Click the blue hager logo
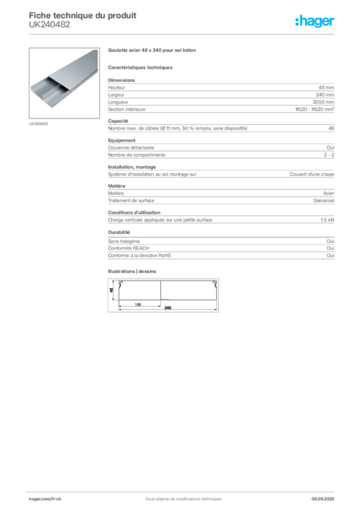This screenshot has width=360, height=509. tap(315, 21)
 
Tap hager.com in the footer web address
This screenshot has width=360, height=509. tap(39, 499)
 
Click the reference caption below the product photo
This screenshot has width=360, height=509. tap(39, 123)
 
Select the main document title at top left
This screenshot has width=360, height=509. tap(83, 15)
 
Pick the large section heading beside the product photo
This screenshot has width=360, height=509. tap(153, 51)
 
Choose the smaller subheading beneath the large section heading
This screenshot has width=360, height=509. tap(141, 67)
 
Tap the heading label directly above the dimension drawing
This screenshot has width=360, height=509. tap(133, 270)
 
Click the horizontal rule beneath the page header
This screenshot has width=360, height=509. tap(182, 34)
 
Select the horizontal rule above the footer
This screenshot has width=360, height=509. tap(182, 490)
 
